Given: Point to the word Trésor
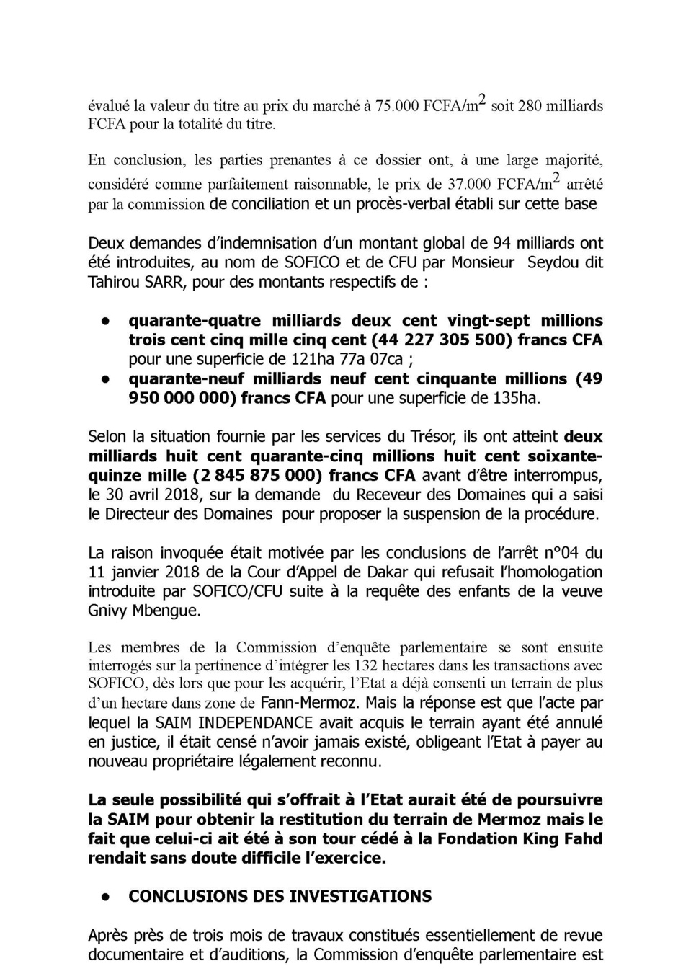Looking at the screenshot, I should pos(414,437).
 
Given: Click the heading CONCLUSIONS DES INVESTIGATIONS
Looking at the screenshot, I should pos(280,897).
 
